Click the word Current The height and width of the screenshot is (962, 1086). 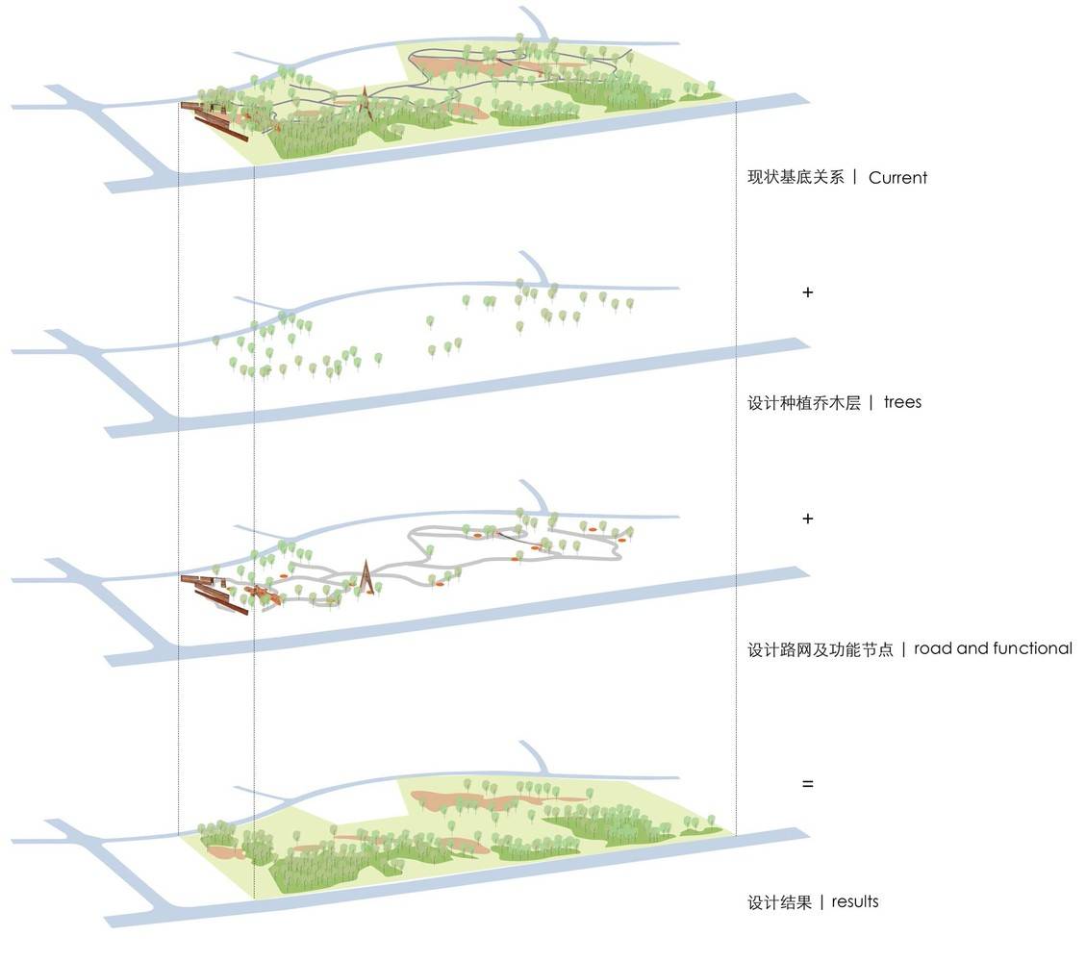tap(897, 178)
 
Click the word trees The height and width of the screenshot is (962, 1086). tap(902, 402)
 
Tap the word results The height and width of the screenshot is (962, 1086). tap(855, 901)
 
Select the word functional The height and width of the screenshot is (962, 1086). tap(1032, 648)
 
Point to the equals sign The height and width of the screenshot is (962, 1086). tap(808, 784)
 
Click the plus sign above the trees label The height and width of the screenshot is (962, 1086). tap(808, 292)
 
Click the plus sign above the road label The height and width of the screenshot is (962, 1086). tap(808, 519)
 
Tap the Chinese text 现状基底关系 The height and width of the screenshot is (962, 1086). tap(796, 177)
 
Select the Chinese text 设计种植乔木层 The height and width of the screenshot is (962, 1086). tap(804, 402)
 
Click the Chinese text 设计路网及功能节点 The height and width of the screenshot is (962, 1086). tap(821, 649)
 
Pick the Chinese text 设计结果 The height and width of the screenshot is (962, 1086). tap(779, 902)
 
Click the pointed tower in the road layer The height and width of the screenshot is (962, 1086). tap(366, 577)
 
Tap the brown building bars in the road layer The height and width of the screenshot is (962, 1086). tap(214, 594)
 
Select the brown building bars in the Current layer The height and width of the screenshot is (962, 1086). tap(214, 120)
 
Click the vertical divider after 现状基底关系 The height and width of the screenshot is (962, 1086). tap(855, 177)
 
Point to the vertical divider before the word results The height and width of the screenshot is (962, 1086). tap(821, 902)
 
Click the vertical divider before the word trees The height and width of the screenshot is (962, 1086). tap(871, 402)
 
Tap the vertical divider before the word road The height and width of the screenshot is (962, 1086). tap(904, 649)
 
